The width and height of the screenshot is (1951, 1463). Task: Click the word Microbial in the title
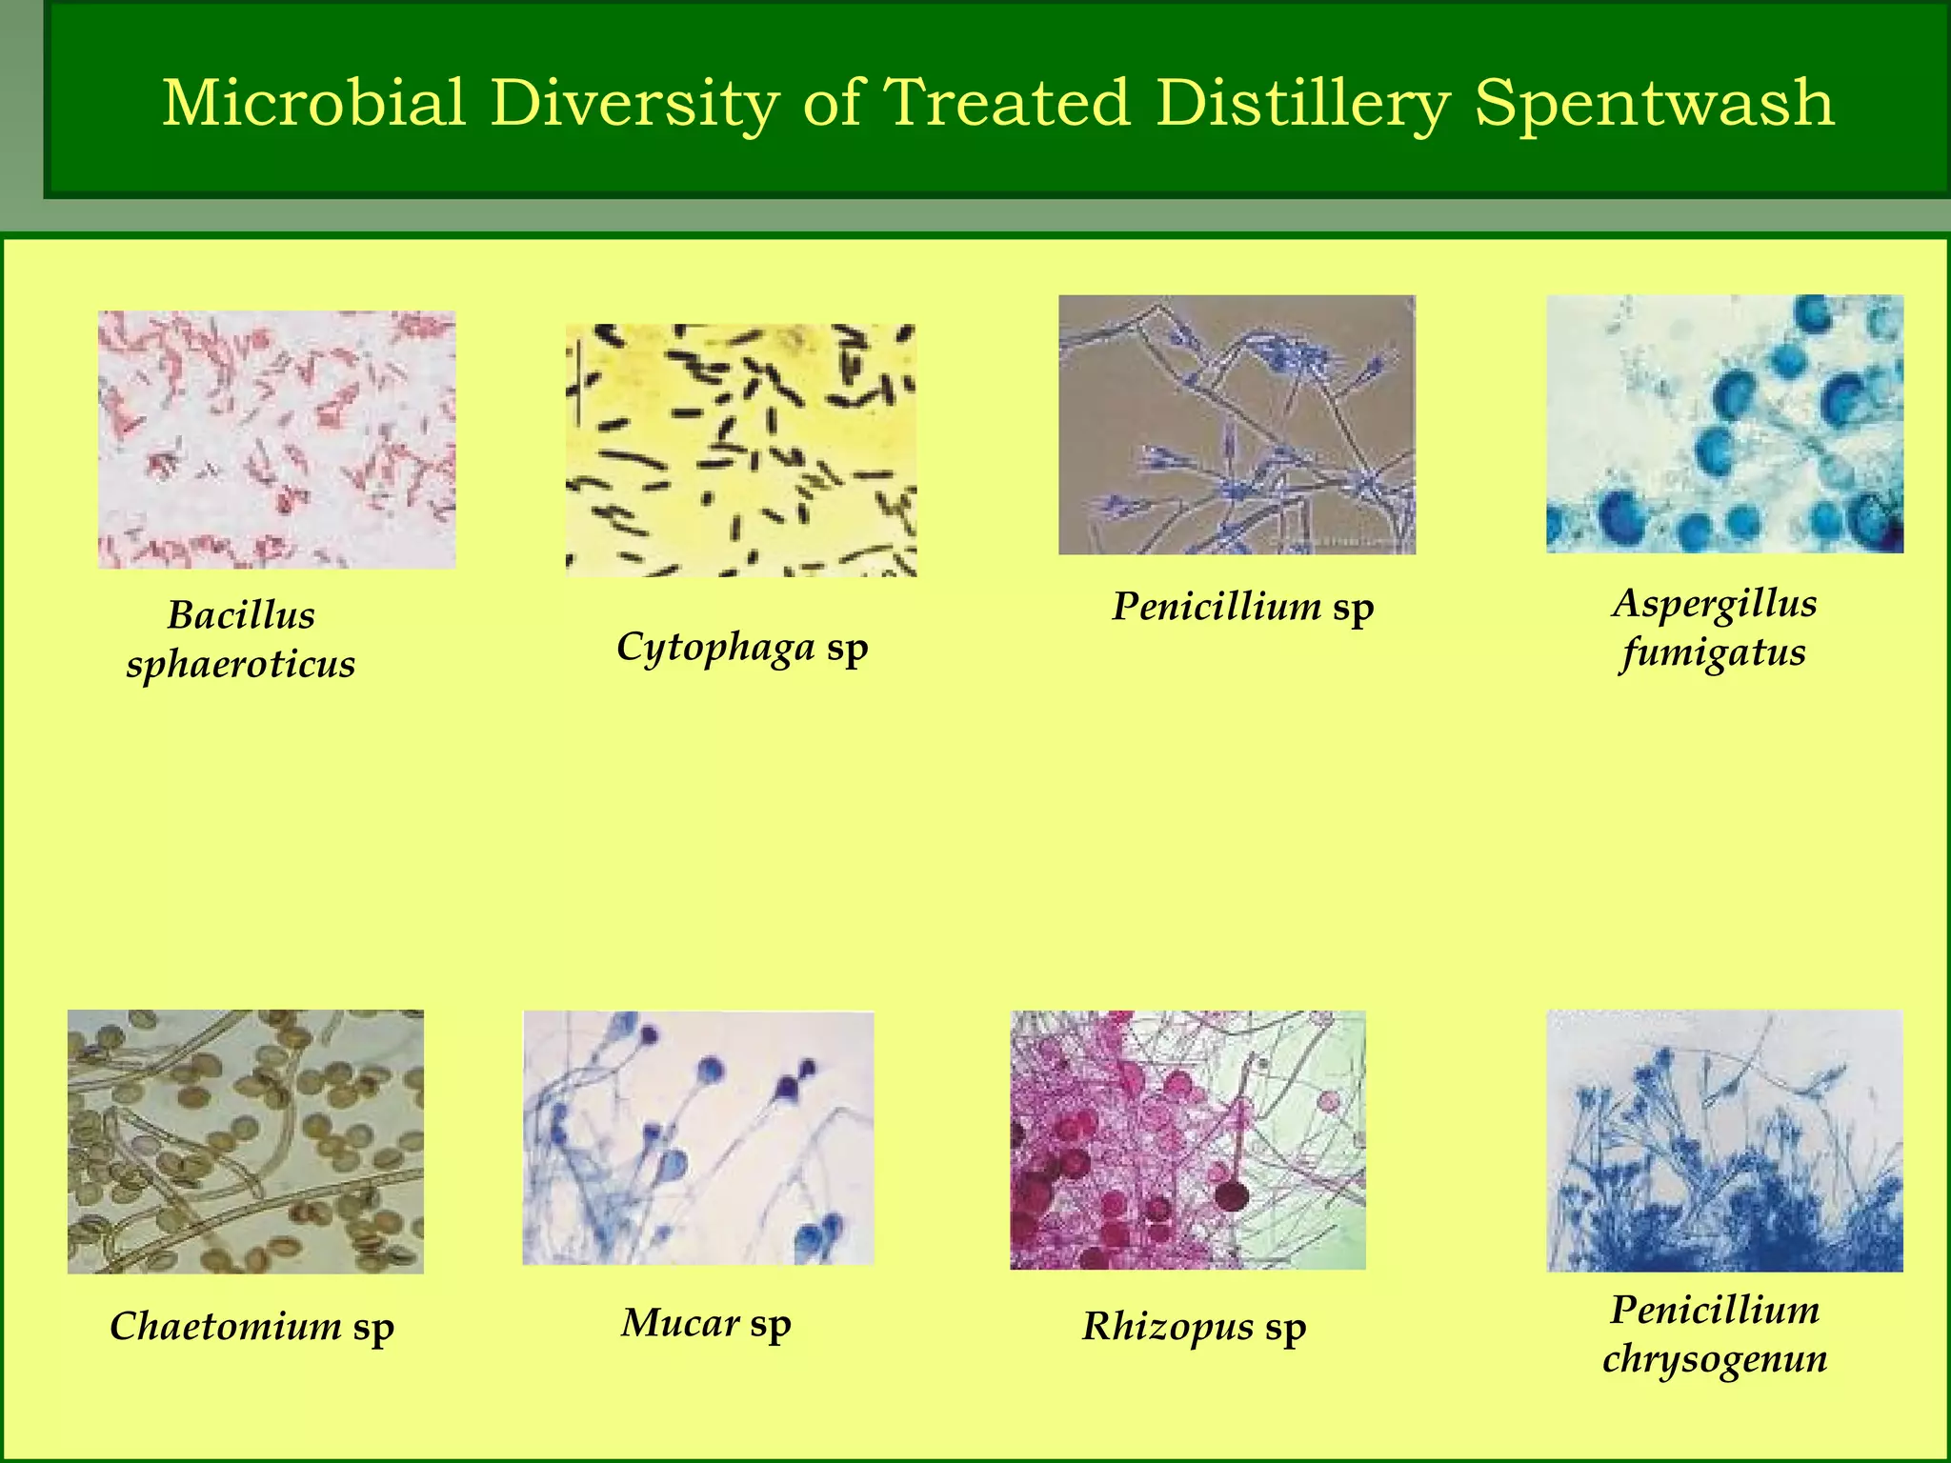pyautogui.click(x=314, y=102)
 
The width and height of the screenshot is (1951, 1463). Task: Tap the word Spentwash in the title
pyautogui.click(x=1654, y=102)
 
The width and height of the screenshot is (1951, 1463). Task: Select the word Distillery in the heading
pyautogui.click(x=1304, y=102)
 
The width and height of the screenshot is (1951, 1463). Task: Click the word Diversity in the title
pyautogui.click(x=635, y=102)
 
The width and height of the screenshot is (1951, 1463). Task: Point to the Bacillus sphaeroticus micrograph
pyautogui.click(x=276, y=439)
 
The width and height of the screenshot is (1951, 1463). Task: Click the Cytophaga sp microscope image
pyautogui.click(x=741, y=450)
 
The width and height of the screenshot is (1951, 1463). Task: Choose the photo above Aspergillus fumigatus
pyautogui.click(x=1724, y=424)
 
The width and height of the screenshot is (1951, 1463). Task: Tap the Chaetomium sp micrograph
pyautogui.click(x=246, y=1141)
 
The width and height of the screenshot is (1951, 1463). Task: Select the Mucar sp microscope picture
pyautogui.click(x=698, y=1138)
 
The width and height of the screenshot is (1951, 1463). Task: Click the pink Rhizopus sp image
pyautogui.click(x=1188, y=1140)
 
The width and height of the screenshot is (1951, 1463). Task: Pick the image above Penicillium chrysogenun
pyautogui.click(x=1724, y=1140)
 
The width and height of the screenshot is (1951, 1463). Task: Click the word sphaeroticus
pyautogui.click(x=241, y=665)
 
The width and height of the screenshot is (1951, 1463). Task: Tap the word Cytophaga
pyautogui.click(x=715, y=648)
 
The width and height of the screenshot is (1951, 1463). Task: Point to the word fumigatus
pyautogui.click(x=1713, y=653)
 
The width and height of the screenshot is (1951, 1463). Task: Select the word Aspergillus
pyautogui.click(x=1715, y=604)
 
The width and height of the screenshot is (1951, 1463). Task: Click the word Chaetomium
pyautogui.click(x=226, y=1326)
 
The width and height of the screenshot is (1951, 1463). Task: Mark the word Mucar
pyautogui.click(x=680, y=1322)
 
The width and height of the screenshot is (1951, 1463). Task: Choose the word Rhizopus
pyautogui.click(x=1168, y=1326)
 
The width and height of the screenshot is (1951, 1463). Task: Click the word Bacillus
pyautogui.click(x=241, y=615)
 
